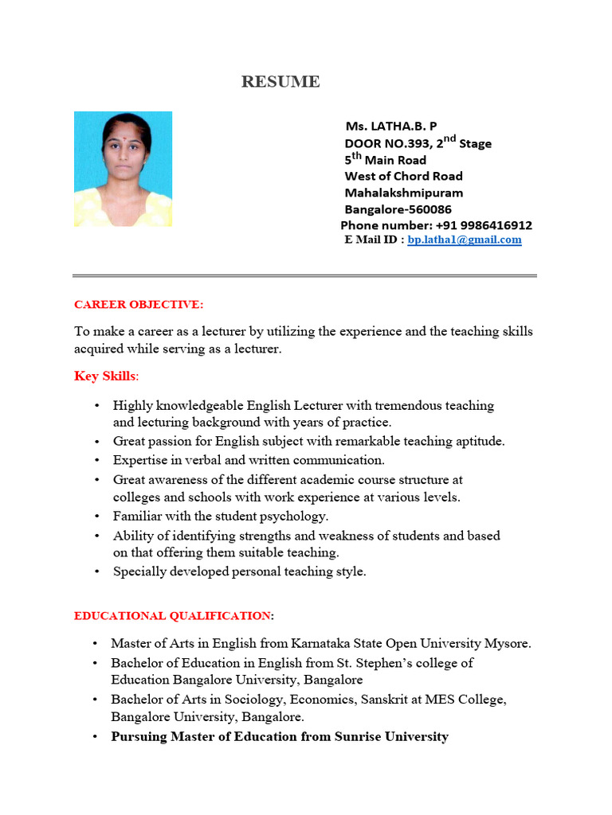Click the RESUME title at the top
click(x=281, y=82)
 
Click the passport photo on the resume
click(x=123, y=169)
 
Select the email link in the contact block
click(x=464, y=240)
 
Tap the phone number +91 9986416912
click(x=484, y=225)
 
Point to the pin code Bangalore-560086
click(x=398, y=209)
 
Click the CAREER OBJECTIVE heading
click(x=139, y=305)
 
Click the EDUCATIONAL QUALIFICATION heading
click(x=174, y=615)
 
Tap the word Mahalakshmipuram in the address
click(x=403, y=193)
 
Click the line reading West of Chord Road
click(x=403, y=176)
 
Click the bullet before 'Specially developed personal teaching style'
click(x=96, y=571)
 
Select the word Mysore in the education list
click(x=510, y=643)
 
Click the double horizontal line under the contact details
click(x=305, y=276)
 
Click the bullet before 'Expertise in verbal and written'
click(x=96, y=460)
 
